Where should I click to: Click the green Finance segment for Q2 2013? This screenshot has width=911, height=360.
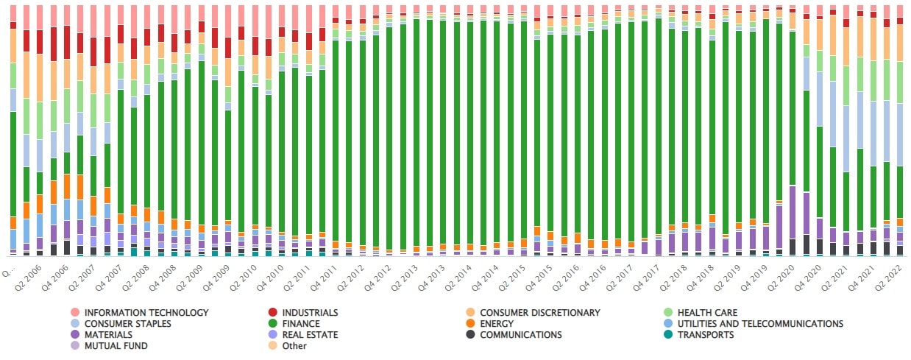point(417,133)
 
